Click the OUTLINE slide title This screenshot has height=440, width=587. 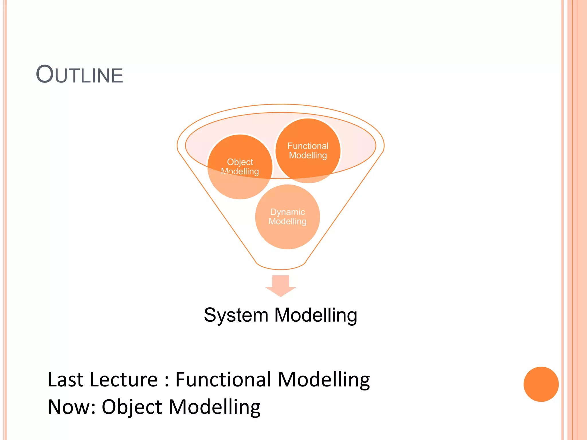click(79, 75)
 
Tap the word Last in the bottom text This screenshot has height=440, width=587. click(66, 380)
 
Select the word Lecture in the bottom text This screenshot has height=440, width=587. click(124, 380)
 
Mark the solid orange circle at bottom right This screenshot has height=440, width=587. click(541, 384)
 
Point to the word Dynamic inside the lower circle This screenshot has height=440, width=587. click(287, 212)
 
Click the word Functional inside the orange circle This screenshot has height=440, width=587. click(308, 146)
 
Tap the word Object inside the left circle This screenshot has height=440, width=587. click(240, 162)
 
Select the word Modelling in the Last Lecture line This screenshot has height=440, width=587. click(324, 380)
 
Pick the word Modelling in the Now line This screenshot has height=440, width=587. click(214, 407)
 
